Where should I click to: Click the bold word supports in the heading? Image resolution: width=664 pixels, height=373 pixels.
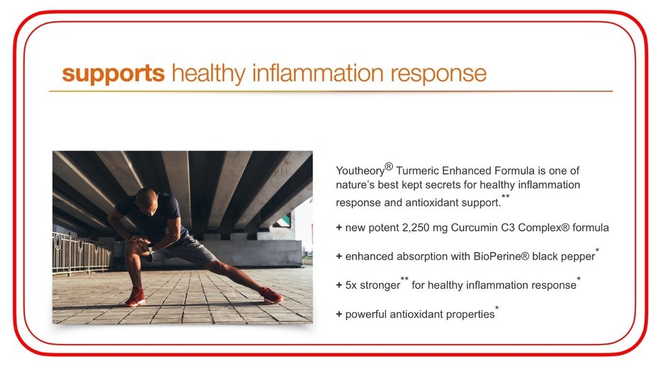click(x=113, y=74)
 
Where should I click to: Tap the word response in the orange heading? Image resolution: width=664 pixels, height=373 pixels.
click(x=439, y=75)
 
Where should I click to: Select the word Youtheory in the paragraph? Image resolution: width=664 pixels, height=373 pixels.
click(x=360, y=171)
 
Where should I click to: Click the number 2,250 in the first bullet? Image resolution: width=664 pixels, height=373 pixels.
click(x=416, y=228)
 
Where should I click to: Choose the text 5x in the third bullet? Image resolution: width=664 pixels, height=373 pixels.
click(x=351, y=285)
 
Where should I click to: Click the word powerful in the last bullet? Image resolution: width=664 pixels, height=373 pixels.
click(x=365, y=315)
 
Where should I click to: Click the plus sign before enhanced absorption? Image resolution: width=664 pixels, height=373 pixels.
click(x=339, y=256)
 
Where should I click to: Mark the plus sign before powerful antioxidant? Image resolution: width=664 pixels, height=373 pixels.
click(x=339, y=314)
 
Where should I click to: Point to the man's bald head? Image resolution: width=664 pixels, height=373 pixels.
click(x=147, y=198)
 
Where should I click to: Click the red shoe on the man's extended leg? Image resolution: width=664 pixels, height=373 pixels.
click(x=270, y=294)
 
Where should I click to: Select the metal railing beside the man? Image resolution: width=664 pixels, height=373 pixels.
click(x=80, y=253)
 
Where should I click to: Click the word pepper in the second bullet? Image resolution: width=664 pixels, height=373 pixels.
click(x=580, y=257)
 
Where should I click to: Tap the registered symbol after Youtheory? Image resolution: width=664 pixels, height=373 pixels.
click(x=389, y=166)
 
